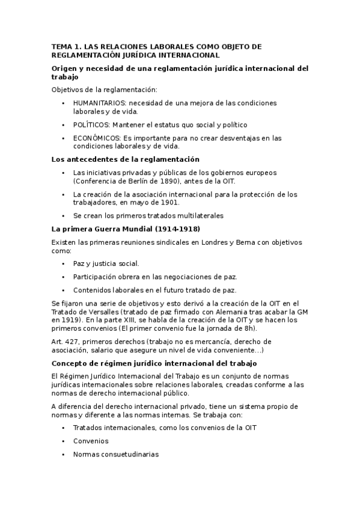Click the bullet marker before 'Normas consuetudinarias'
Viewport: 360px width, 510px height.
coord(63,455)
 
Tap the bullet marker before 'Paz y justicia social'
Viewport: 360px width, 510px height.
coord(63,263)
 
